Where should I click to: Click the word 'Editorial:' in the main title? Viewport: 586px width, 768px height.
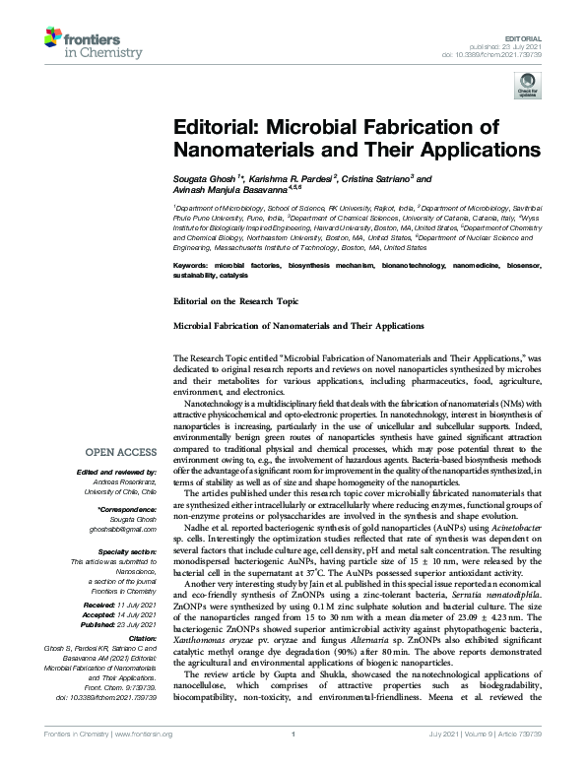coord(218,128)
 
